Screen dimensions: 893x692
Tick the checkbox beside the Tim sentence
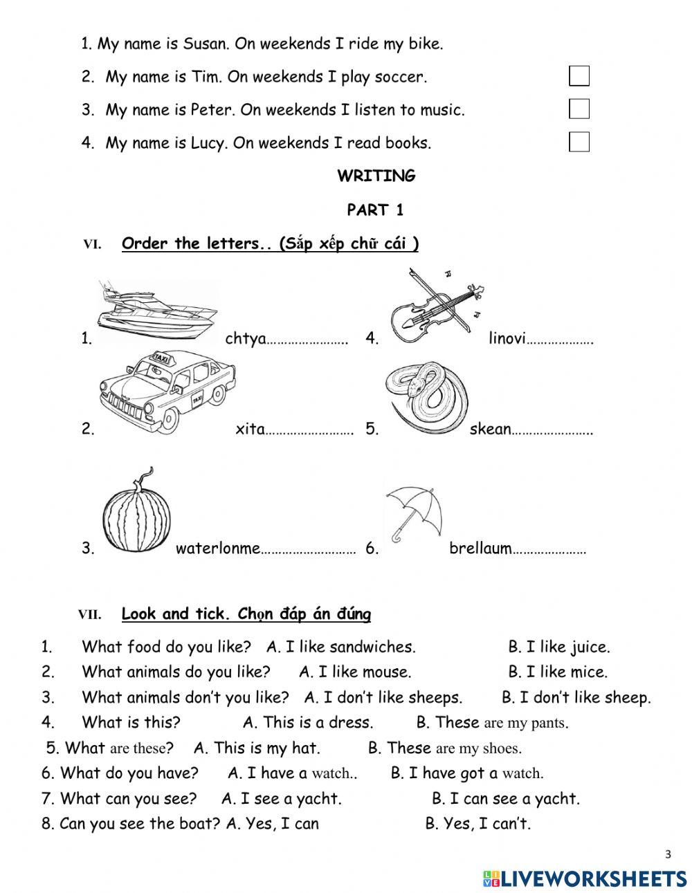point(579,76)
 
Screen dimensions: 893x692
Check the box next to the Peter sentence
point(579,109)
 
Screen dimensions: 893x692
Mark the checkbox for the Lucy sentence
point(579,142)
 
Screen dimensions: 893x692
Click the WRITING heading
point(376,176)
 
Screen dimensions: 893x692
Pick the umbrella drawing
point(414,511)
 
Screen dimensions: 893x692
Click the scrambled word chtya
point(246,339)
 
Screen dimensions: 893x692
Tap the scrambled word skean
point(490,429)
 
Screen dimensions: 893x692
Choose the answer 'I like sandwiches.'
point(341,647)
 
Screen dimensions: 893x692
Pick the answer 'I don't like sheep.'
point(576,697)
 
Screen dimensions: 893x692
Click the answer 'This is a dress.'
point(308,723)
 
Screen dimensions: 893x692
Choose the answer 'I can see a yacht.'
point(506,799)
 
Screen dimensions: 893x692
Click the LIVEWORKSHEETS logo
point(585,878)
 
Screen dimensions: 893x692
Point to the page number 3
point(668,855)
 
